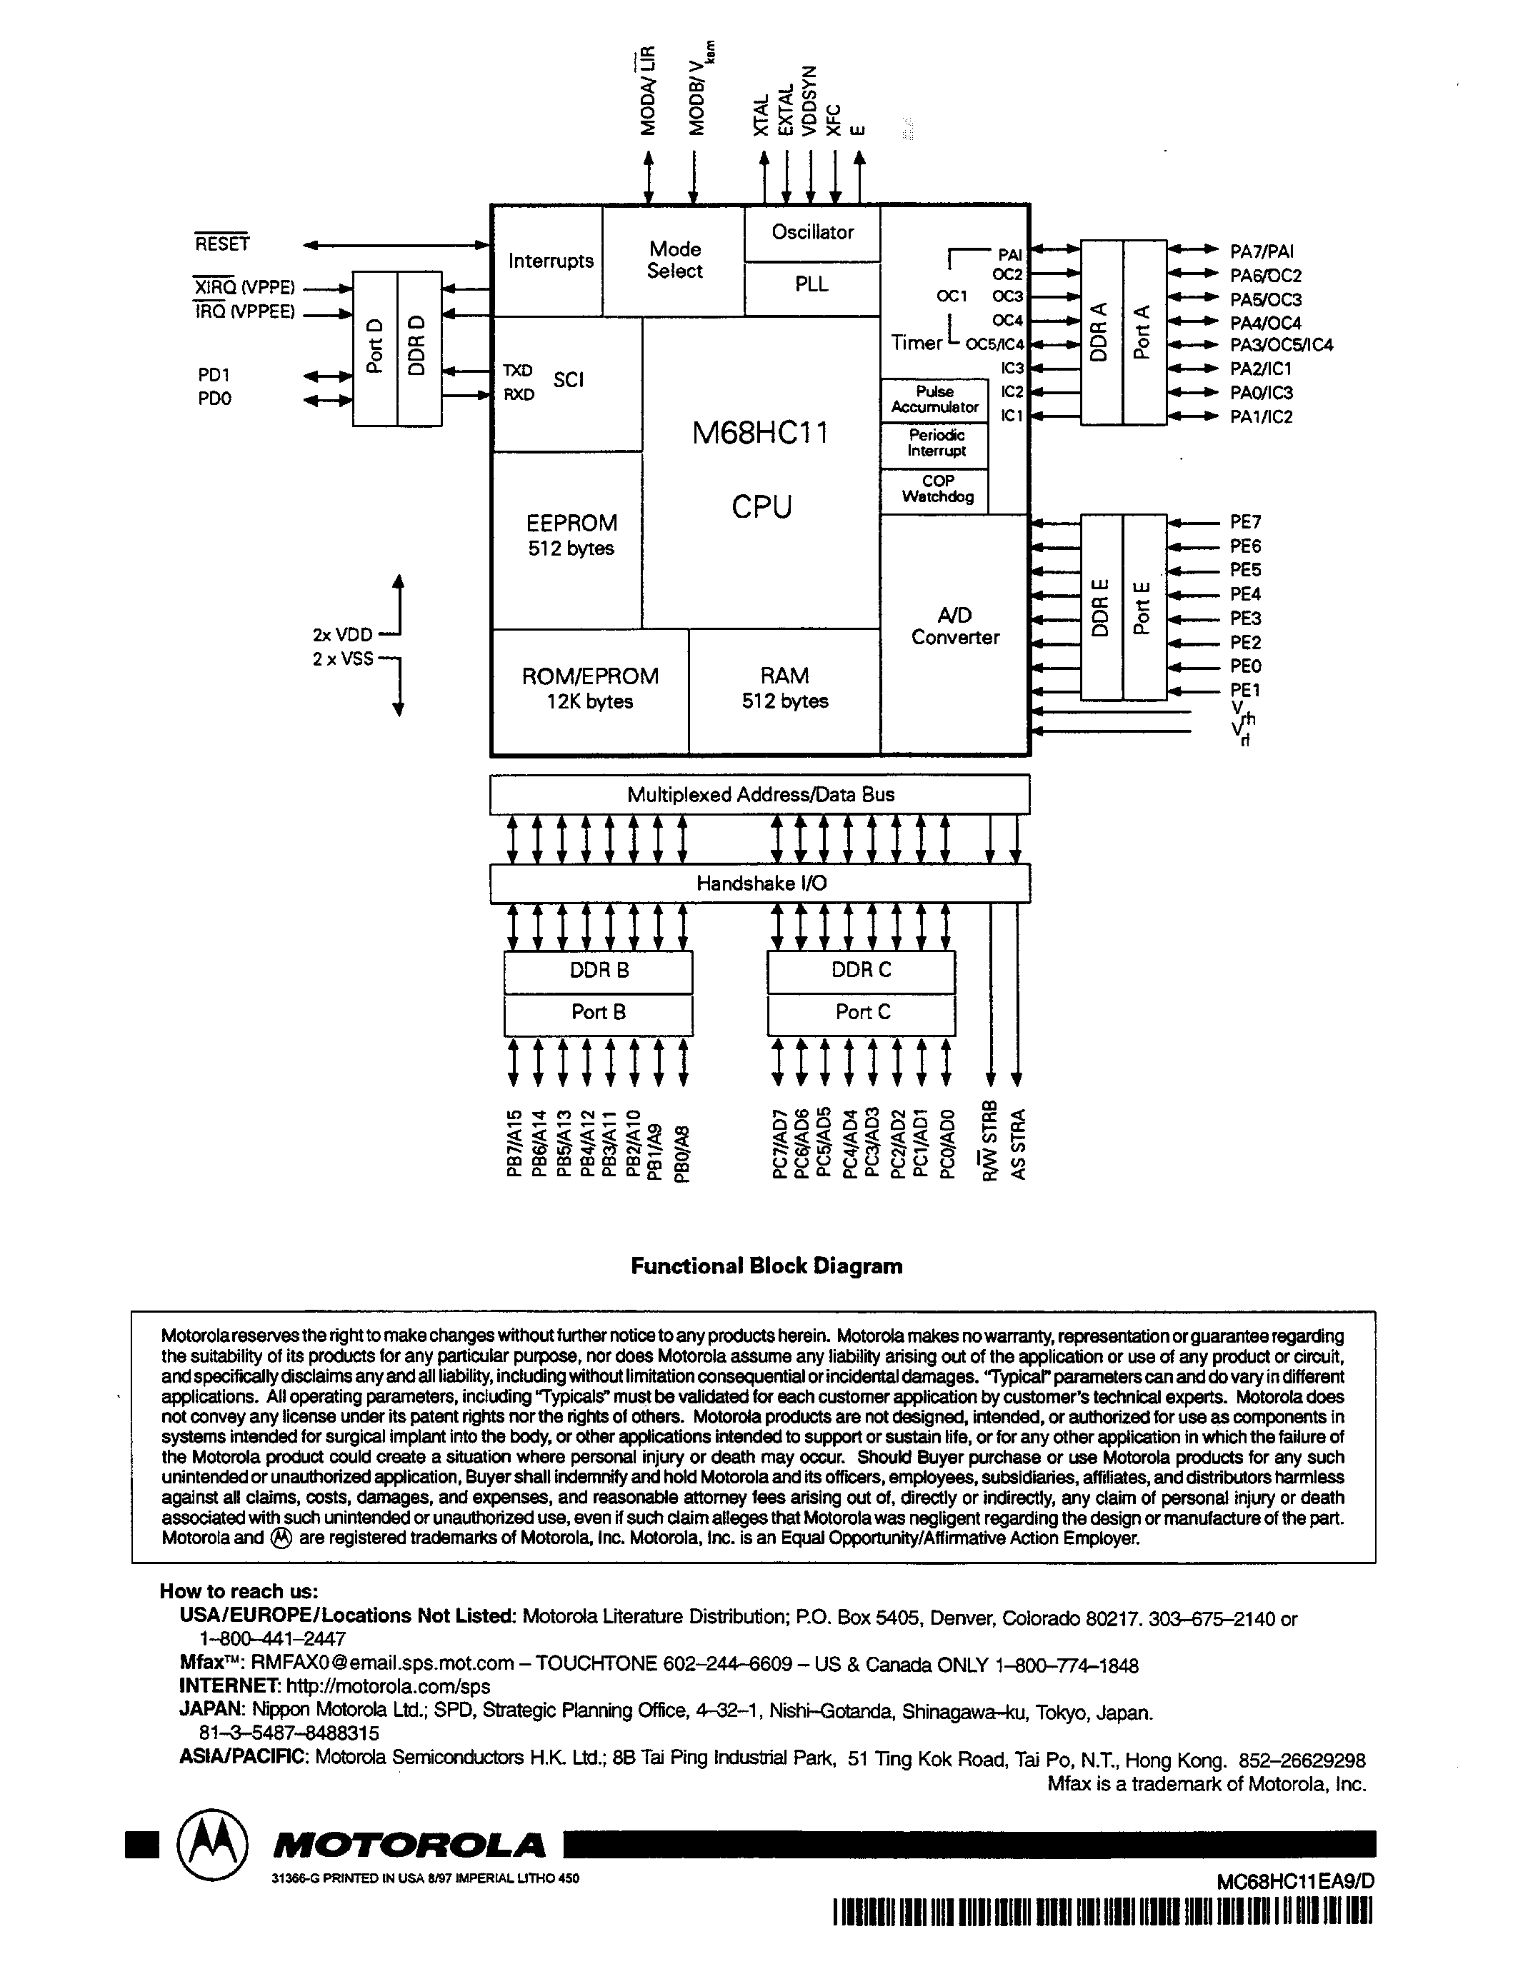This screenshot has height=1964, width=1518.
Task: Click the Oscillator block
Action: (x=812, y=233)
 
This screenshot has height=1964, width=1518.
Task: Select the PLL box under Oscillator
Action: (x=812, y=284)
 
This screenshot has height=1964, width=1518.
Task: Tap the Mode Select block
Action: (x=674, y=260)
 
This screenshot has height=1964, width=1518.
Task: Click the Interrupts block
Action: (x=550, y=261)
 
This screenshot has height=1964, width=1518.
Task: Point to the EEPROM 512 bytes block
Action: (x=571, y=535)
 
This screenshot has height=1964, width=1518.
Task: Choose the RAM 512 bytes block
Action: (x=784, y=688)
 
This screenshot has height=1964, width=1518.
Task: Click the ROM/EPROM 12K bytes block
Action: (x=590, y=688)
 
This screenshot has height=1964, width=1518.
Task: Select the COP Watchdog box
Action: (x=937, y=489)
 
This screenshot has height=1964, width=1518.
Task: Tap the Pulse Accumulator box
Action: (x=934, y=399)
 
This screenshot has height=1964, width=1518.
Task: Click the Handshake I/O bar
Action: (x=761, y=883)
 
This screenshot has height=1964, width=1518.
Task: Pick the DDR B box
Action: (x=599, y=971)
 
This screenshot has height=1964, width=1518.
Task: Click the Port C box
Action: (x=862, y=1013)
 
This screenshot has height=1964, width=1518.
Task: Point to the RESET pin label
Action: (x=222, y=244)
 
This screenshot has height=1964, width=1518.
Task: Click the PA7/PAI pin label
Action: (x=1262, y=252)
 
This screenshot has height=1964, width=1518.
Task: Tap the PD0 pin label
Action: (x=215, y=399)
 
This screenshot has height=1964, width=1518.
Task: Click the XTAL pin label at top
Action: (x=762, y=115)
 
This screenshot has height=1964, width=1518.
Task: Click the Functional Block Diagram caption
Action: (x=767, y=1266)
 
